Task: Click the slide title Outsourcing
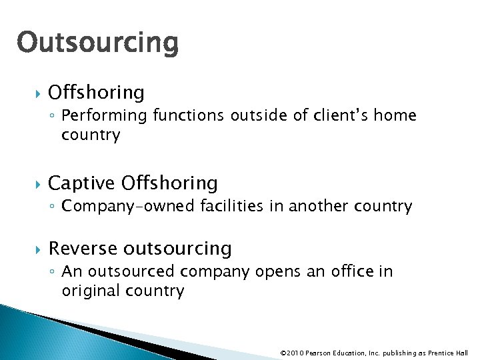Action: click(x=98, y=43)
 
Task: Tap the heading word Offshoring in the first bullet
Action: click(x=97, y=92)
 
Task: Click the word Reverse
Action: click(x=81, y=249)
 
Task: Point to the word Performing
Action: click(x=104, y=116)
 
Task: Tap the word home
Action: click(x=395, y=116)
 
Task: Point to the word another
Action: click(x=319, y=206)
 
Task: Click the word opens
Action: click(x=271, y=272)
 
